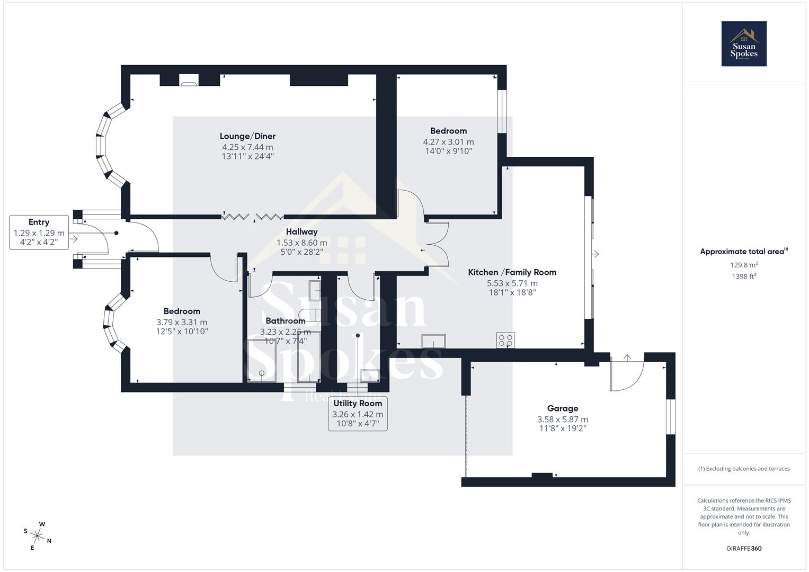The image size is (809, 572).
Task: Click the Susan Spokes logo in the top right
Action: point(743,44)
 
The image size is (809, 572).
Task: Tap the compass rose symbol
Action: point(37,535)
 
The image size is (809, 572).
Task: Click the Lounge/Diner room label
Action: point(247,136)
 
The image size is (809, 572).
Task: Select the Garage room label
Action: point(562,408)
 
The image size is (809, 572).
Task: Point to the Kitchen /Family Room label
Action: point(512,272)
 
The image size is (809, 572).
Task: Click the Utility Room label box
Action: point(358,413)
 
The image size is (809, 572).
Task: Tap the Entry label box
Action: point(39,232)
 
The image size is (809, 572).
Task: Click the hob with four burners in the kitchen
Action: point(505,340)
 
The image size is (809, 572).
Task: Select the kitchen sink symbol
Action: point(433,341)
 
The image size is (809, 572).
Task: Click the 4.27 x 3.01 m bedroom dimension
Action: point(448,142)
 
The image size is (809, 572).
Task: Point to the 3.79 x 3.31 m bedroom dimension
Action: point(182,322)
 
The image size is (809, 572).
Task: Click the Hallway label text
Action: point(301,231)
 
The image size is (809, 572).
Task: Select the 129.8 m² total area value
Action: point(743,265)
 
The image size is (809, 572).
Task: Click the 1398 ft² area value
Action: point(743,276)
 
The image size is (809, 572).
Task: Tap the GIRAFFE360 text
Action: point(743,548)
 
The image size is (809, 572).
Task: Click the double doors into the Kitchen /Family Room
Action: point(437,244)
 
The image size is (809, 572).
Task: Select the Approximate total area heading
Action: point(743,252)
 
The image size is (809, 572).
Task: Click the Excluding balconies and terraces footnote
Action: point(743,469)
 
